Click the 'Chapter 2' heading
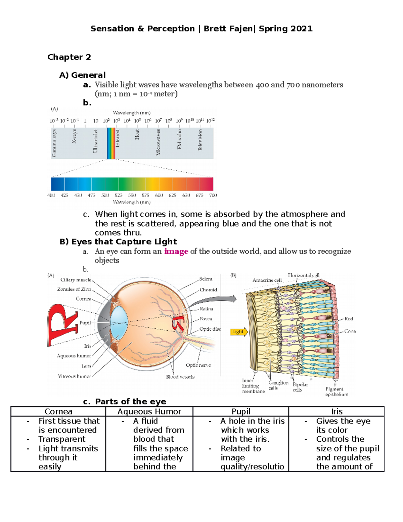pyautogui.click(x=69, y=57)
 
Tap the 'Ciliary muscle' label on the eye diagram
pyautogui.click(x=76, y=280)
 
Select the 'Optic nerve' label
pyautogui.click(x=198, y=365)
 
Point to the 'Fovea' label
pyautogui.click(x=206, y=319)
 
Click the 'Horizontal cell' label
pyautogui.click(x=303, y=275)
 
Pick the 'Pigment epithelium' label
pyautogui.click(x=336, y=392)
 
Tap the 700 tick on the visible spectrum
pyautogui.click(x=213, y=195)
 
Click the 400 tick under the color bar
pyautogui.click(x=51, y=195)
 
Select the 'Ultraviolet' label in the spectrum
pyautogui.click(x=95, y=141)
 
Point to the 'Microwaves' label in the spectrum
pyautogui.click(x=158, y=143)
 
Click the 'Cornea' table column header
pyautogui.click(x=58, y=411)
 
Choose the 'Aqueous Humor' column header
pyautogui.click(x=149, y=411)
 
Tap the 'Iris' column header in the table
pyautogui.click(x=337, y=411)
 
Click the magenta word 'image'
pyautogui.click(x=176, y=251)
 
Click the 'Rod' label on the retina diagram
pyautogui.click(x=349, y=319)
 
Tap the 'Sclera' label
pyautogui.click(x=206, y=279)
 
